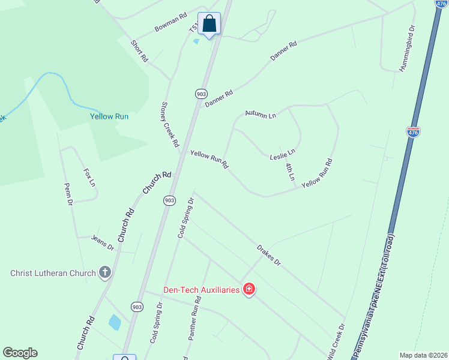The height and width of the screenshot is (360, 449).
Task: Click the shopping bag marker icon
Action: tap(209, 25)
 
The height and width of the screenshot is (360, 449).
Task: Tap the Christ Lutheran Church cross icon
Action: tap(105, 273)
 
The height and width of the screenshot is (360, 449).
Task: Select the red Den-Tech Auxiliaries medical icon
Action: tap(249, 290)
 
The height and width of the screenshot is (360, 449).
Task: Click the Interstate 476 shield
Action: tap(413, 131)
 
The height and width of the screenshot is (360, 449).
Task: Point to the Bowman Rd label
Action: tap(171, 22)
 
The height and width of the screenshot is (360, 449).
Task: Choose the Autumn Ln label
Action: tap(260, 113)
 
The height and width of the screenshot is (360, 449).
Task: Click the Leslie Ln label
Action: tap(283, 155)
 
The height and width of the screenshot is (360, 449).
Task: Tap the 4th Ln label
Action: tap(290, 172)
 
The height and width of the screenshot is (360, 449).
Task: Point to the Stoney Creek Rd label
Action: tap(170, 124)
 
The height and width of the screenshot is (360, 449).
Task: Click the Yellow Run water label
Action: tap(109, 116)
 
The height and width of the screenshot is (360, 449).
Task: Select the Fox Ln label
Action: tap(89, 177)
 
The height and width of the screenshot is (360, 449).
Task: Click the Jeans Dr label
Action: tap(103, 242)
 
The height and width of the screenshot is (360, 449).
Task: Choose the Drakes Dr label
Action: tap(268, 254)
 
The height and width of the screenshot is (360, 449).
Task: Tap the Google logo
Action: tap(20, 353)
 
